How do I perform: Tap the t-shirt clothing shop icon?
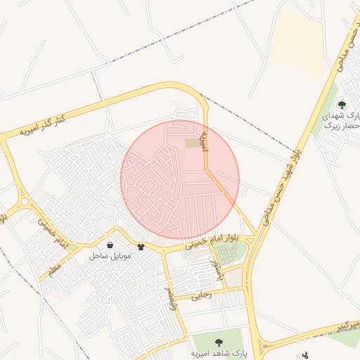(141, 247)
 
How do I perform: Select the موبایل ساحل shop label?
(110, 256)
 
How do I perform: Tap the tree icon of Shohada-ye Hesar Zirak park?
(342, 104)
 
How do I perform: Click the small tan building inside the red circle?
(191, 143)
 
